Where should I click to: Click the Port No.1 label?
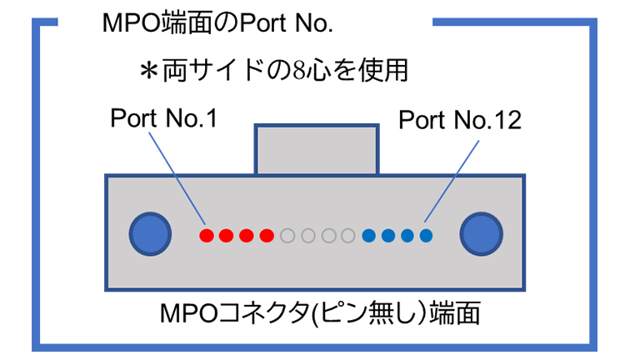coord(163,120)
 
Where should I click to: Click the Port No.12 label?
coord(459,120)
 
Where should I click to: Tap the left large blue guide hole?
coord(151,233)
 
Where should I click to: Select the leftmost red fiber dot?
coord(206,236)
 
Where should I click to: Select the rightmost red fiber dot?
coord(266,236)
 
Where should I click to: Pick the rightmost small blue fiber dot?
coord(426,236)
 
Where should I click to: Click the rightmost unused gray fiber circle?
coord(348,236)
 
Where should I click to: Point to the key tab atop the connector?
coord(317,150)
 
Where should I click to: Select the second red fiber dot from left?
coord(226,236)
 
